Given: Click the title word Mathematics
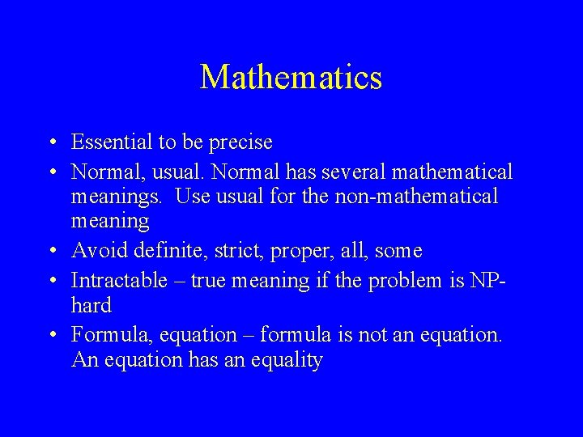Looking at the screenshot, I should pos(291,78).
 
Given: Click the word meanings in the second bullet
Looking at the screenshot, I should pos(118,196).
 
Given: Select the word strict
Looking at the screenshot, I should pos(236,251).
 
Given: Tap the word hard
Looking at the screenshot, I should pos(91,305).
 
